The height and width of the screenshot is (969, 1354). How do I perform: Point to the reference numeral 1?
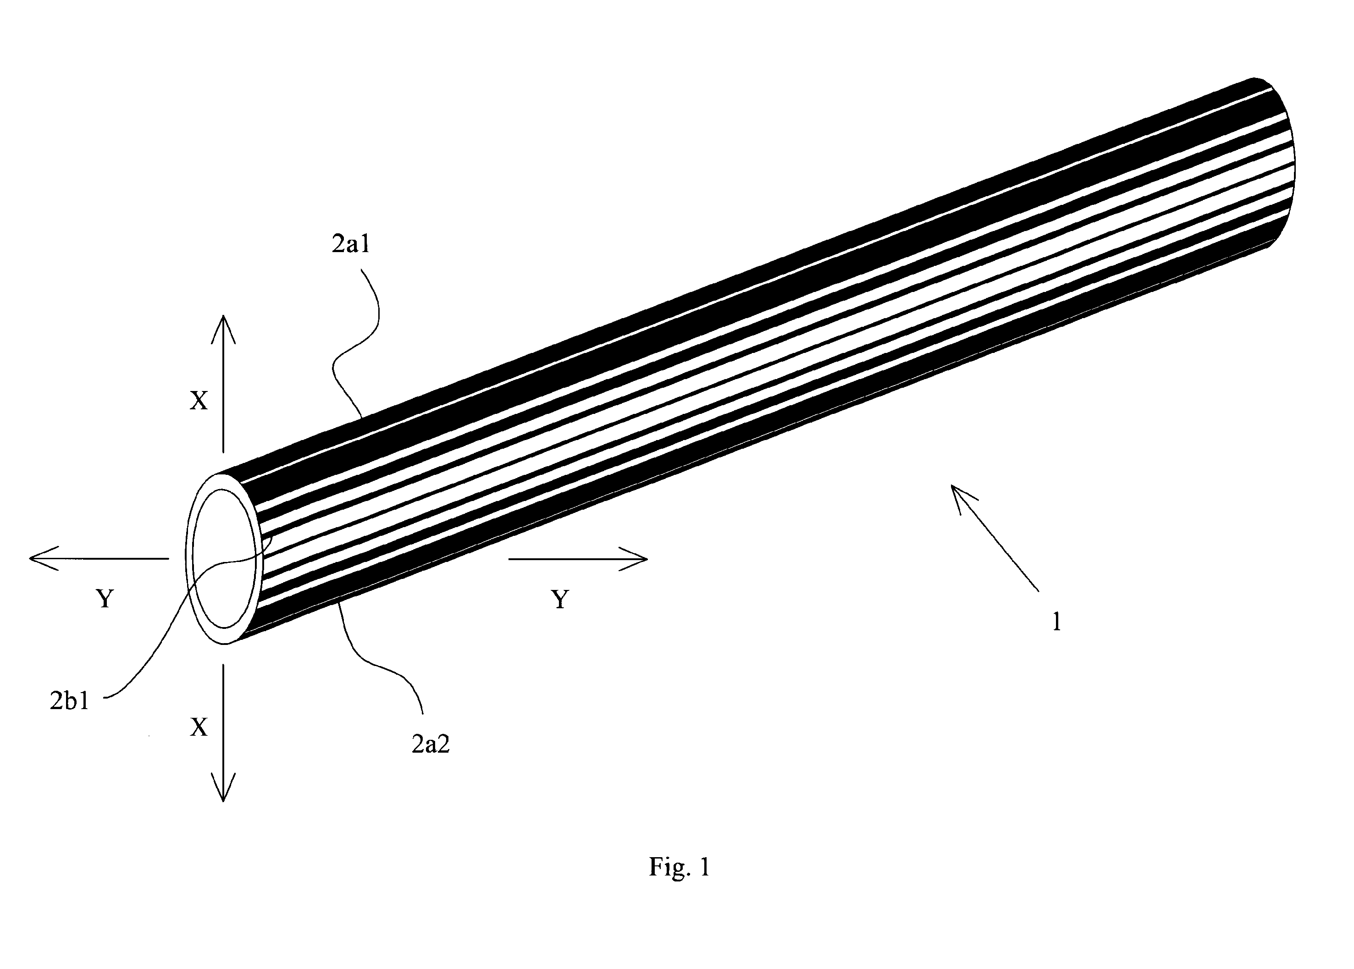1057,622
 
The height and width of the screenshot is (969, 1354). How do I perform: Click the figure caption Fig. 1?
680,867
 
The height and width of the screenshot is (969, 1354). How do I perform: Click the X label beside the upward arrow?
199,401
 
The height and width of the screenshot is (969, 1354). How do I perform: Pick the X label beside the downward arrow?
199,727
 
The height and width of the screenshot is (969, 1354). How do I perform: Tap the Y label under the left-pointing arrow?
105,599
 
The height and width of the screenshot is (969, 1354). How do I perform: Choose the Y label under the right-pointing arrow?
560,600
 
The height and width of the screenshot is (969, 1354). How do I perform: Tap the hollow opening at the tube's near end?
224,560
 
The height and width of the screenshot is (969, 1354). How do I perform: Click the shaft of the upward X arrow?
223,384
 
